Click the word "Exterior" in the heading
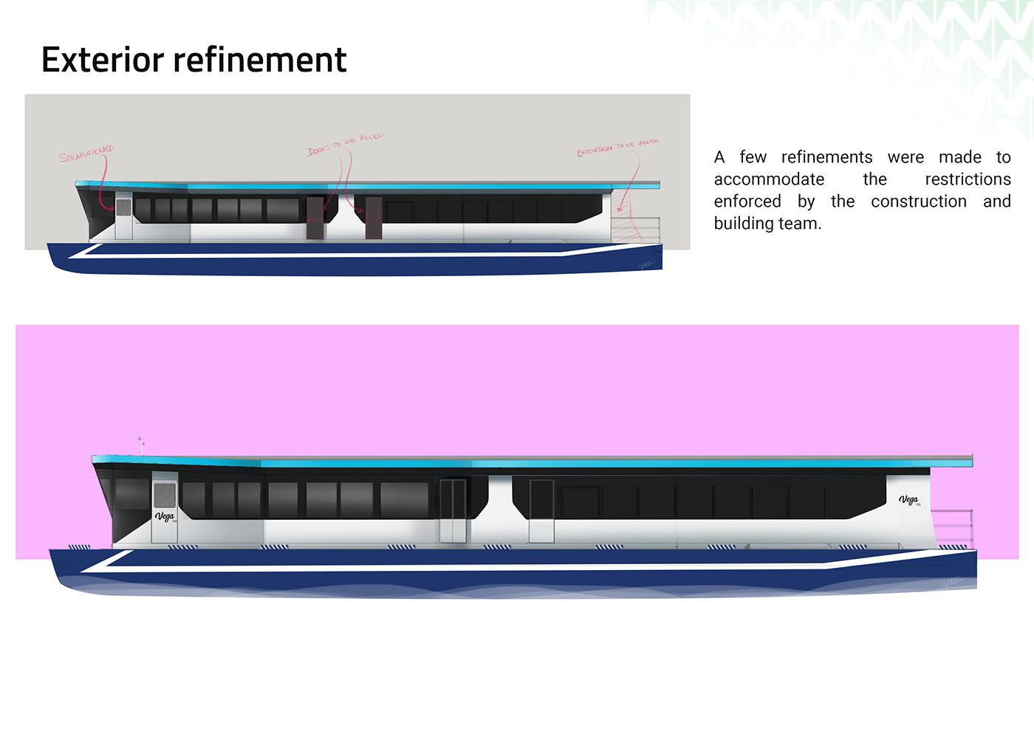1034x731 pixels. click(102, 60)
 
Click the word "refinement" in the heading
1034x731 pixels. click(260, 60)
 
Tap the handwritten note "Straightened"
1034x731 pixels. click(87, 154)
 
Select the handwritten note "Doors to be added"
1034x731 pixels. click(345, 144)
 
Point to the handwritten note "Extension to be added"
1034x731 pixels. click(617, 146)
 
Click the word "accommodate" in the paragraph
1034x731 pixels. click(769, 179)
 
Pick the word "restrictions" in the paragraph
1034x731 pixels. click(968, 179)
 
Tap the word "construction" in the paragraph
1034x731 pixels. click(918, 202)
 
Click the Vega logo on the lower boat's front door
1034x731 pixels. click(165, 516)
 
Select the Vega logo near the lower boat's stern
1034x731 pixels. click(908, 500)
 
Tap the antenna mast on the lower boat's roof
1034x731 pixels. click(140, 445)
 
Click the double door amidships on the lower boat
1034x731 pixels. click(453, 511)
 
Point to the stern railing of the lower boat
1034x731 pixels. click(953, 526)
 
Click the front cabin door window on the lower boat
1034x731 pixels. click(165, 495)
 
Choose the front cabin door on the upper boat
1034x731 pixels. click(123, 217)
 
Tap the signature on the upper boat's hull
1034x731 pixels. click(646, 264)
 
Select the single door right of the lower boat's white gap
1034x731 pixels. click(541, 511)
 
